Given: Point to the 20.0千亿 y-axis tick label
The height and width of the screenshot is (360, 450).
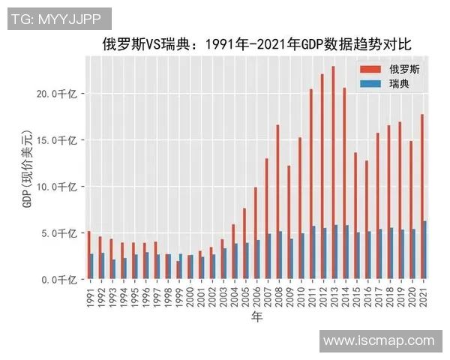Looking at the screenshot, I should (x=57, y=94).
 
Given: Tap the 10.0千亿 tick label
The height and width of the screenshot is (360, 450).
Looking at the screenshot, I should (x=57, y=187).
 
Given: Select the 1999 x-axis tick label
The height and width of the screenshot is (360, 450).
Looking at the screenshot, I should (x=178, y=295).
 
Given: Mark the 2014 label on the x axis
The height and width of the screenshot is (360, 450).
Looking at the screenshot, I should (x=345, y=295).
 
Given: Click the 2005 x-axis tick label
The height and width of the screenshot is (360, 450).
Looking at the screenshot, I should (x=245, y=295).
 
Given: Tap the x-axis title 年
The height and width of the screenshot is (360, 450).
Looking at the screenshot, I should (x=256, y=318).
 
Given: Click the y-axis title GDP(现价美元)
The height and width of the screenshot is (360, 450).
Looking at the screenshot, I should (x=28, y=170).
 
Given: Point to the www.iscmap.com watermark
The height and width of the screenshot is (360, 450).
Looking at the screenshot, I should (x=378, y=340).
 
